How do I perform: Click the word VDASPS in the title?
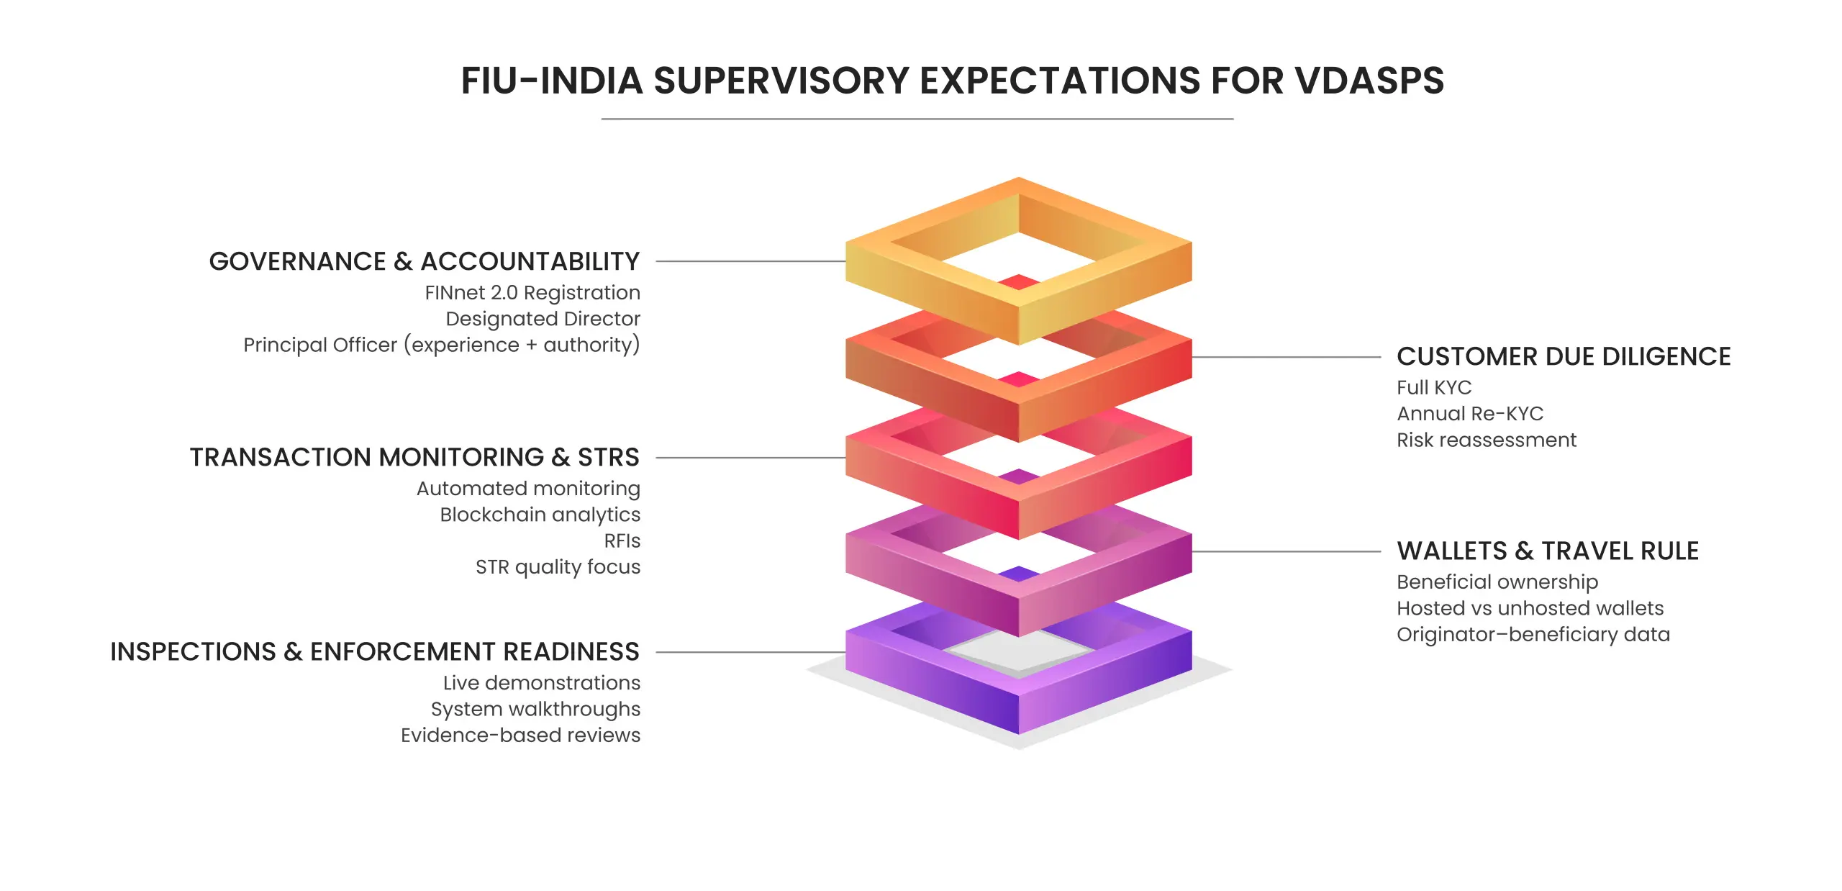(x=1369, y=80)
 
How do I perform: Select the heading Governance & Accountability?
(x=425, y=261)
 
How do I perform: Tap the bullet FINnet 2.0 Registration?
(x=532, y=293)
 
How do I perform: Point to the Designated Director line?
(x=543, y=319)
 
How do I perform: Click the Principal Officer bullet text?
(x=442, y=345)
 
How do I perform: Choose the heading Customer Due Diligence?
(x=1564, y=356)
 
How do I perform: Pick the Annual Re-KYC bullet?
(x=1470, y=414)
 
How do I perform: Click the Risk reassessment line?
(x=1487, y=440)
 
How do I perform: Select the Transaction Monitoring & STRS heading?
(x=414, y=457)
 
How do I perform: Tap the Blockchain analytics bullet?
(x=540, y=515)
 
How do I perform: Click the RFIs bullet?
(x=622, y=541)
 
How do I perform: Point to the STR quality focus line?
(x=558, y=567)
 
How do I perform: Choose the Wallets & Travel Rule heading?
(x=1548, y=551)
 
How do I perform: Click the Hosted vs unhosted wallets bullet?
(x=1530, y=608)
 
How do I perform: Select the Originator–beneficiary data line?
(x=1533, y=635)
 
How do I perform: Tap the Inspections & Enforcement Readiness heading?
(x=375, y=651)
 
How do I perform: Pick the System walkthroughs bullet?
(x=535, y=709)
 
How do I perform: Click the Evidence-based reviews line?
(x=520, y=736)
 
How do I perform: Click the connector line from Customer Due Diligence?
(x=1287, y=357)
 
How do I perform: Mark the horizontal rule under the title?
(x=917, y=119)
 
